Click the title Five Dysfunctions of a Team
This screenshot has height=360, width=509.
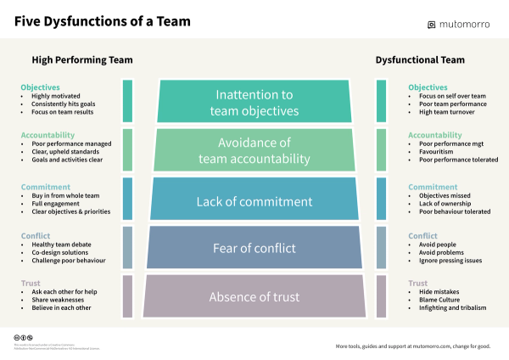coord(103,20)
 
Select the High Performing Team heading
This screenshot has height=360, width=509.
coord(82,60)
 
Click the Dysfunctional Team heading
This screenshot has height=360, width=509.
coord(420,60)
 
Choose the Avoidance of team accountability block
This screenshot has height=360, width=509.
coord(255,150)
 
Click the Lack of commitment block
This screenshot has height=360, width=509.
coord(255,201)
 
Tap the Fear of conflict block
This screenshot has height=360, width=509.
coord(255,248)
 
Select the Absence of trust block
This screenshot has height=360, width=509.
coord(255,297)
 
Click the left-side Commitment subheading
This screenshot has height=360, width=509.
coord(42,188)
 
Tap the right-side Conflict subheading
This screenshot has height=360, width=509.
coord(422,236)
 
